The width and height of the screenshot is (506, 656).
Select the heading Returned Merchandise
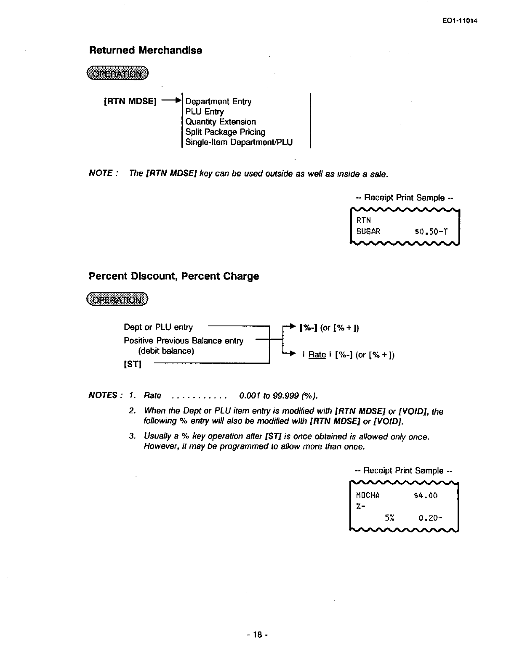(146, 50)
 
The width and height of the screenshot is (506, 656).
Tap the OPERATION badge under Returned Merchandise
(118, 74)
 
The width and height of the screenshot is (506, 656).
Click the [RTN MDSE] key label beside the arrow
(130, 101)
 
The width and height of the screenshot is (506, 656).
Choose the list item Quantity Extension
(221, 122)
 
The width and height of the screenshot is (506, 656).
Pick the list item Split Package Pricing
(225, 132)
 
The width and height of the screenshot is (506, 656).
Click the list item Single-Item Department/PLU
(239, 142)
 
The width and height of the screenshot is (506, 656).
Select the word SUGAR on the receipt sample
(368, 231)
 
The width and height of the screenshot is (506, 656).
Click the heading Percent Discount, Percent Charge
(174, 276)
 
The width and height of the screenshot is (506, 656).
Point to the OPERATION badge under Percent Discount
(118, 299)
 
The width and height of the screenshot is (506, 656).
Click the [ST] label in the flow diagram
(133, 364)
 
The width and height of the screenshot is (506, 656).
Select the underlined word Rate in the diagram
(317, 354)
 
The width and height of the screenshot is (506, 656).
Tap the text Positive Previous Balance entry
(184, 341)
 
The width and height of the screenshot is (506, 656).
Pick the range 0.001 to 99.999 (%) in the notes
(278, 396)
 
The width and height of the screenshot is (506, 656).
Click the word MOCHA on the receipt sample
(368, 495)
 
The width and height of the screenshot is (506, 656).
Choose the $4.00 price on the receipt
(426, 495)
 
